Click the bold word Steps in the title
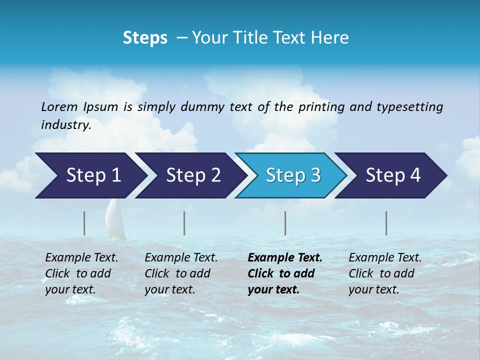[145, 38]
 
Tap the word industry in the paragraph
[65, 125]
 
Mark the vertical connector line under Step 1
[84, 223]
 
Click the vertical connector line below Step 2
[184, 223]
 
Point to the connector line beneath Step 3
[285, 223]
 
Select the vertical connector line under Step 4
[386, 223]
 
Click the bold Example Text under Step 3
[285, 258]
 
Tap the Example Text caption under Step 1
[81, 258]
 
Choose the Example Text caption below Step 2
[181, 258]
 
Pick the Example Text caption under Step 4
[385, 258]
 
